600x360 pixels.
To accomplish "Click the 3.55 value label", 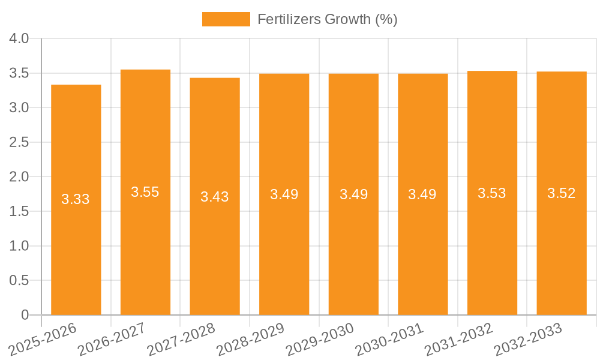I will click(145, 192).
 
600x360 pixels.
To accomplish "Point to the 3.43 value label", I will click(214, 197).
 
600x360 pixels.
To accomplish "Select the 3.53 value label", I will click(492, 193).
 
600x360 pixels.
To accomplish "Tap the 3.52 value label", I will click(561, 193).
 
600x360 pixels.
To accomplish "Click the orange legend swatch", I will click(226, 19).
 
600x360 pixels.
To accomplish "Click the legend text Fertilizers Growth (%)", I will click(327, 19).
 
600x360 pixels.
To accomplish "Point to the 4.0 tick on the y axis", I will click(19, 39).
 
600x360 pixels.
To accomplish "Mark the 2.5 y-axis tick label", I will click(19, 143).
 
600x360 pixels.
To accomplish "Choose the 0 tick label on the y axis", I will click(25, 315).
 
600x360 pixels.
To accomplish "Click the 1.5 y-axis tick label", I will click(19, 212).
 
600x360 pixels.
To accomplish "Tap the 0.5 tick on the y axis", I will click(19, 281).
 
